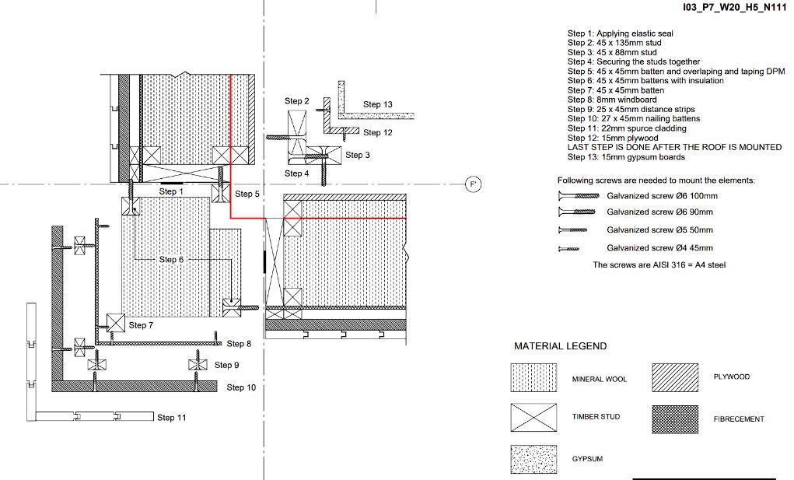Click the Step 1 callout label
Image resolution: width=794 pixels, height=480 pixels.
171,191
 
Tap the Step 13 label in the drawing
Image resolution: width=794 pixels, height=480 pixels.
378,104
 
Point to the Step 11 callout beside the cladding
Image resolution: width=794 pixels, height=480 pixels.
172,418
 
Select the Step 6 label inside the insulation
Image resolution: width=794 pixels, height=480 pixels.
172,259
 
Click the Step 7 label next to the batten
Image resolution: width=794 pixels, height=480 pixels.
142,325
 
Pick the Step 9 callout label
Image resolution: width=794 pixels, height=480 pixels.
226,365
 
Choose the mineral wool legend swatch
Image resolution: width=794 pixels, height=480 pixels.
533,378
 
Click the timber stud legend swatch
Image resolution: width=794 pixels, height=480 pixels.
533,417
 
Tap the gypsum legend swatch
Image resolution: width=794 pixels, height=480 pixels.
533,459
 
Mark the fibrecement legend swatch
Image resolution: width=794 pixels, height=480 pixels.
675,419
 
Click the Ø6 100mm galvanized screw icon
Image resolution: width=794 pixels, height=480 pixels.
578,196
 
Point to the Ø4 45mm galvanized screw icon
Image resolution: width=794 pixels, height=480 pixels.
569,248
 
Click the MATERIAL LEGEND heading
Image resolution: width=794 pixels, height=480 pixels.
560,346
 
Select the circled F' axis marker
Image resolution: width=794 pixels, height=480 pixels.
473,184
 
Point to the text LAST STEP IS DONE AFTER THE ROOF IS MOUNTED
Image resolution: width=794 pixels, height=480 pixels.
674,147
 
